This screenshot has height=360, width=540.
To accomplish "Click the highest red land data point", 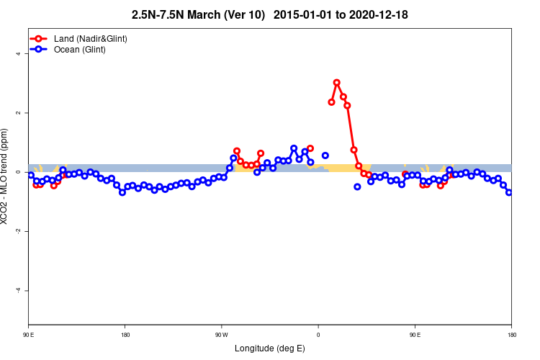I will [x=336, y=83].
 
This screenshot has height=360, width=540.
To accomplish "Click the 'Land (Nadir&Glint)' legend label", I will [x=91, y=38].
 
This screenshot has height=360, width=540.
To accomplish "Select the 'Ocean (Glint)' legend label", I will [x=80, y=50].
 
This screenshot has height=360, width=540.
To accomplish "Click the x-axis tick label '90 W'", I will [x=221, y=335].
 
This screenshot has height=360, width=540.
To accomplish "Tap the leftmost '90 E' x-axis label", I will [x=28, y=335].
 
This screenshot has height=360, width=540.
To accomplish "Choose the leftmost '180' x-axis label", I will [x=125, y=335].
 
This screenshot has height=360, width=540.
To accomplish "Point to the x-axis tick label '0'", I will [x=318, y=335].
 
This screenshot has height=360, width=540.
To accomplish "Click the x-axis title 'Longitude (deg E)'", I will [x=270, y=349].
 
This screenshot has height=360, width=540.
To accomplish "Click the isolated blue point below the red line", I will [x=357, y=186].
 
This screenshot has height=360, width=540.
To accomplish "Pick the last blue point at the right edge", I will [x=509, y=192].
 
